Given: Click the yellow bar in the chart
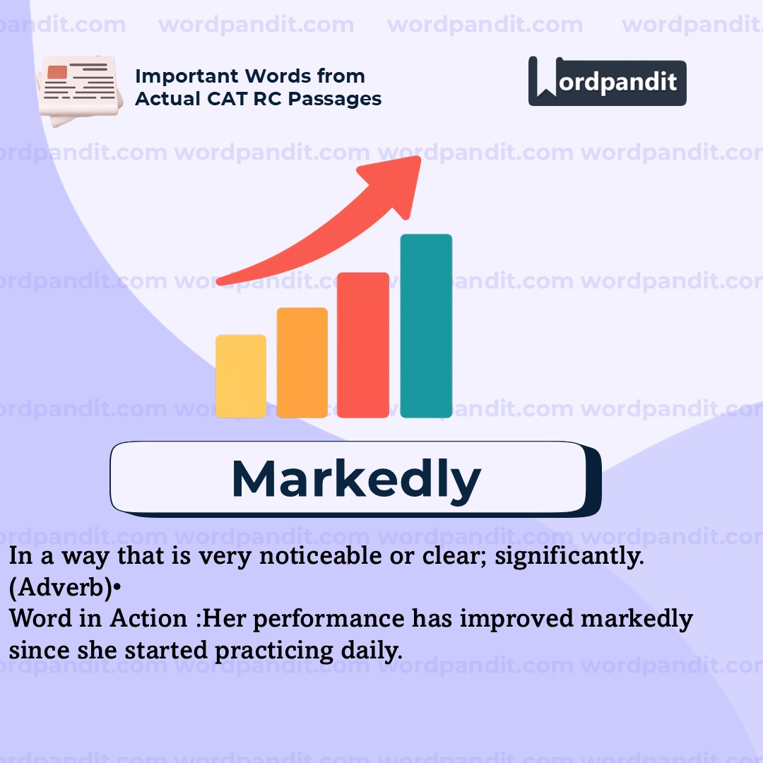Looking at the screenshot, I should pyautogui.click(x=241, y=376).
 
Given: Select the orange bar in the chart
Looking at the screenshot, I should pyautogui.click(x=302, y=362).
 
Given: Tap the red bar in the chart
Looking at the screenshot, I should pyautogui.click(x=363, y=344).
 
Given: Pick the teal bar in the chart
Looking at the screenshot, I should pyautogui.click(x=426, y=326).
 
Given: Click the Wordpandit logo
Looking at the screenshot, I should pyautogui.click(x=607, y=81).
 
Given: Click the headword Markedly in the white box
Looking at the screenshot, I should pyautogui.click(x=356, y=479).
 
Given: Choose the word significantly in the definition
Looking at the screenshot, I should pyautogui.click(x=569, y=556).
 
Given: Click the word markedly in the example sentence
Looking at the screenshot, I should pyautogui.click(x=637, y=619).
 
